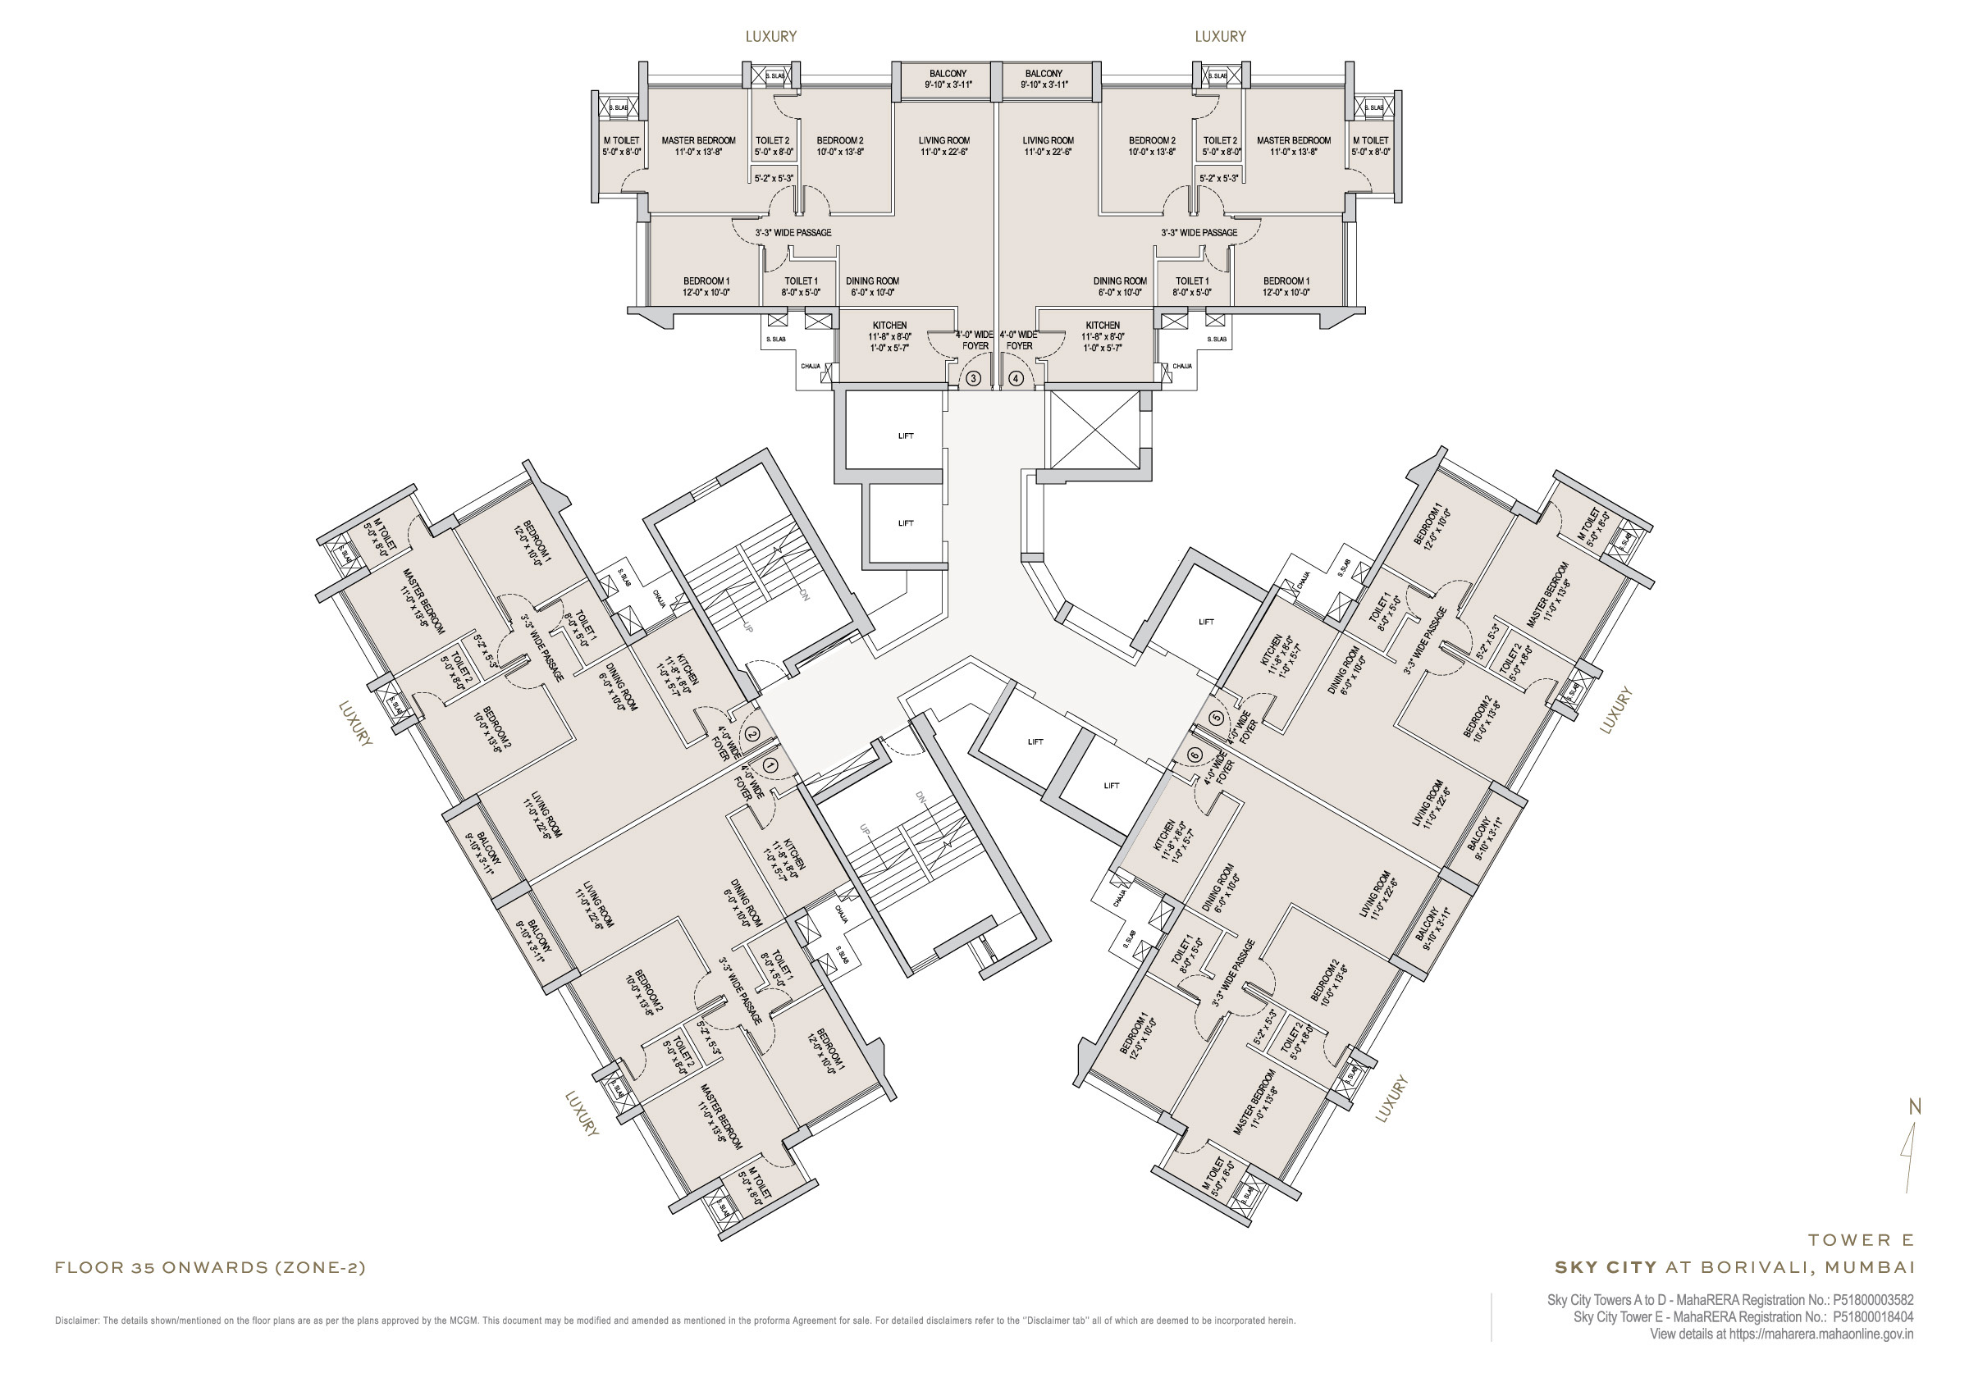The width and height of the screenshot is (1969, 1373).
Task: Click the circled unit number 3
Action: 973,378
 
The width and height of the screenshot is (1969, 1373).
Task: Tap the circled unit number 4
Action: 1016,378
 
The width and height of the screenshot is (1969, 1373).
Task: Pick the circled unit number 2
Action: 752,734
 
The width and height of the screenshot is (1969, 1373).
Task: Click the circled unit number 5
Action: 1216,718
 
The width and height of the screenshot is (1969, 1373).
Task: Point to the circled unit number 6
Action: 1195,755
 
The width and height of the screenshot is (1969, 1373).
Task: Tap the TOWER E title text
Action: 1861,1240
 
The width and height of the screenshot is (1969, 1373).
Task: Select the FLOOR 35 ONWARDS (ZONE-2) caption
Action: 210,1267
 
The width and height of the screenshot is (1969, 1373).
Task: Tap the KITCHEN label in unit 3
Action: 889,326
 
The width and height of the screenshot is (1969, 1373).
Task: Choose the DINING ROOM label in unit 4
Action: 1119,281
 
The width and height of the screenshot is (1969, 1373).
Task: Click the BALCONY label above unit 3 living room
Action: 948,74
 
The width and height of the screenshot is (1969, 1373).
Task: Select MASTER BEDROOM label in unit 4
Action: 1293,140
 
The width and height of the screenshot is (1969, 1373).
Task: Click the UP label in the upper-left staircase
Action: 747,627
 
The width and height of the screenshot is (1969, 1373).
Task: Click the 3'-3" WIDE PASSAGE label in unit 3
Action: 793,232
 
